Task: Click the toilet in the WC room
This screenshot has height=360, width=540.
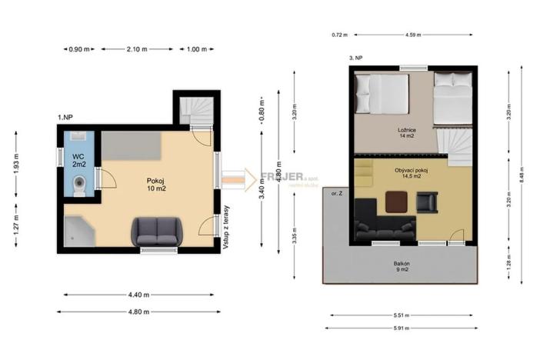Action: click(x=79, y=185)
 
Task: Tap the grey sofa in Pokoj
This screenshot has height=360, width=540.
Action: click(x=158, y=230)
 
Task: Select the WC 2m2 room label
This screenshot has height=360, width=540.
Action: click(x=79, y=158)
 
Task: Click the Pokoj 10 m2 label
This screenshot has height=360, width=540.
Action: click(x=156, y=185)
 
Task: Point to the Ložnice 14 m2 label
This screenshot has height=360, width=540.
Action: click(x=408, y=133)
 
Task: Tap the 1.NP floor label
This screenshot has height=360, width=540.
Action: click(x=65, y=116)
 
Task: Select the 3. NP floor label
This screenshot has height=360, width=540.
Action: click(x=355, y=58)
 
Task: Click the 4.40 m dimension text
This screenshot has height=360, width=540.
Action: click(x=138, y=295)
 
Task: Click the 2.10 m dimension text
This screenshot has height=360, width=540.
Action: click(x=137, y=49)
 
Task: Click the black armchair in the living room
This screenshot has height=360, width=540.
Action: click(x=426, y=202)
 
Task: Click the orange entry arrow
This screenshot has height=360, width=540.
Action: click(x=249, y=178)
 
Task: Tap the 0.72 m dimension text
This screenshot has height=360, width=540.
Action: click(x=340, y=35)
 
